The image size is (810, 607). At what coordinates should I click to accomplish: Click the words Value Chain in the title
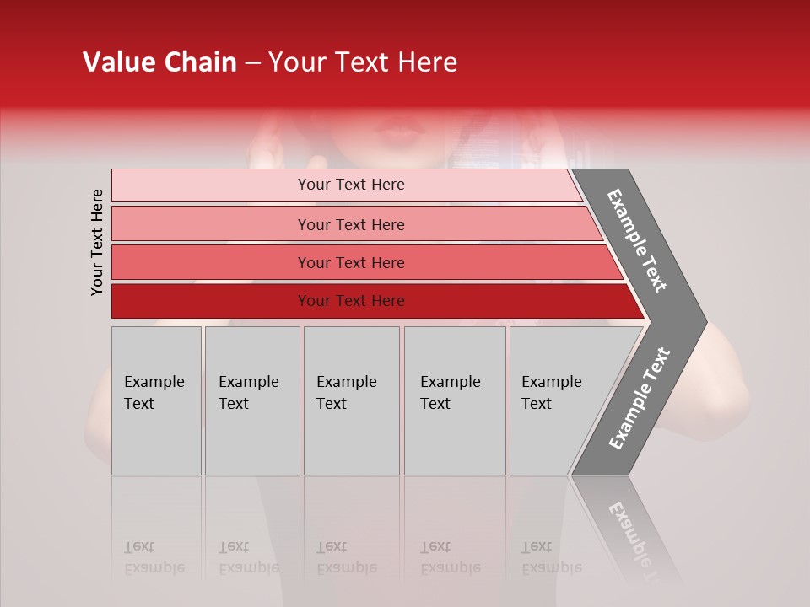point(159,62)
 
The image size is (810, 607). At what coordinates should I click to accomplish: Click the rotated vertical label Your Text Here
point(97,242)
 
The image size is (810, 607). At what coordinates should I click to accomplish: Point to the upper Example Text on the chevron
point(637,240)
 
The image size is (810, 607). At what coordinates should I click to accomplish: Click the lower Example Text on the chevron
point(639,399)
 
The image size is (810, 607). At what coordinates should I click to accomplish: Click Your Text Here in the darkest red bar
point(351,301)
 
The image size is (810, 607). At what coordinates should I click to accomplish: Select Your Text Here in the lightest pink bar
point(351,185)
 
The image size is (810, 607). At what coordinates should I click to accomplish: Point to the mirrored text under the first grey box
point(154,557)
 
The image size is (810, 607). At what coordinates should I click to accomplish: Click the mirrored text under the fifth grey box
point(551,557)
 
